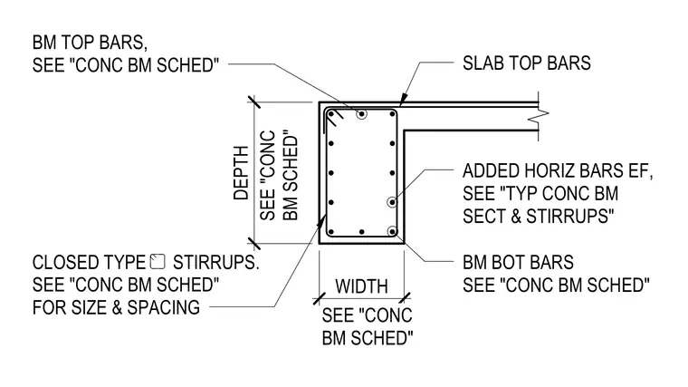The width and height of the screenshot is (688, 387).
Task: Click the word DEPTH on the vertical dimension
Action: (x=241, y=173)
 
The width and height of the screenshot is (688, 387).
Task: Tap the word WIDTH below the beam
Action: (x=361, y=286)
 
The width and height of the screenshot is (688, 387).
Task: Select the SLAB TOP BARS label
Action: (x=527, y=63)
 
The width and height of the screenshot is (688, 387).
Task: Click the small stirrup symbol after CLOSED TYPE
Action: (x=158, y=261)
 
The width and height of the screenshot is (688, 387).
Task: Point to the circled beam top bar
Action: (x=361, y=114)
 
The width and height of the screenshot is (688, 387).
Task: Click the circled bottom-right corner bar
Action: (x=392, y=231)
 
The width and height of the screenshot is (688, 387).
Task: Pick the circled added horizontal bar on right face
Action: (x=392, y=202)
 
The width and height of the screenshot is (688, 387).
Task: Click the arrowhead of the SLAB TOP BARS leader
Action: (x=402, y=101)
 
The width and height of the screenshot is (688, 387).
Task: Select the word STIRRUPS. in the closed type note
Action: (x=215, y=263)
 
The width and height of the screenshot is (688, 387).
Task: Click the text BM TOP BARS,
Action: (x=90, y=43)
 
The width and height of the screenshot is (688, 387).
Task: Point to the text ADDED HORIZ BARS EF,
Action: (x=558, y=171)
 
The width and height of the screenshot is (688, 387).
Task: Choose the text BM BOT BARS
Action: (x=518, y=263)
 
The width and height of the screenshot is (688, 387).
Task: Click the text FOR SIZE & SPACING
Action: (x=116, y=307)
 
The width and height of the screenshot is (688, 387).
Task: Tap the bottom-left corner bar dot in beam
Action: (x=331, y=232)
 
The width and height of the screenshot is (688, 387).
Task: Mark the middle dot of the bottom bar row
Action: (x=361, y=232)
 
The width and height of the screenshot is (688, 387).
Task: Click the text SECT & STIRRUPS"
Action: (x=538, y=216)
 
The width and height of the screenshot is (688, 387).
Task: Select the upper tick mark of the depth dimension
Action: (x=254, y=102)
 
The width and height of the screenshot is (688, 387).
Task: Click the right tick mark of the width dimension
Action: (x=405, y=299)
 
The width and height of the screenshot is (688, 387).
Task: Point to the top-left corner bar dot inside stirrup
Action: (x=331, y=115)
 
